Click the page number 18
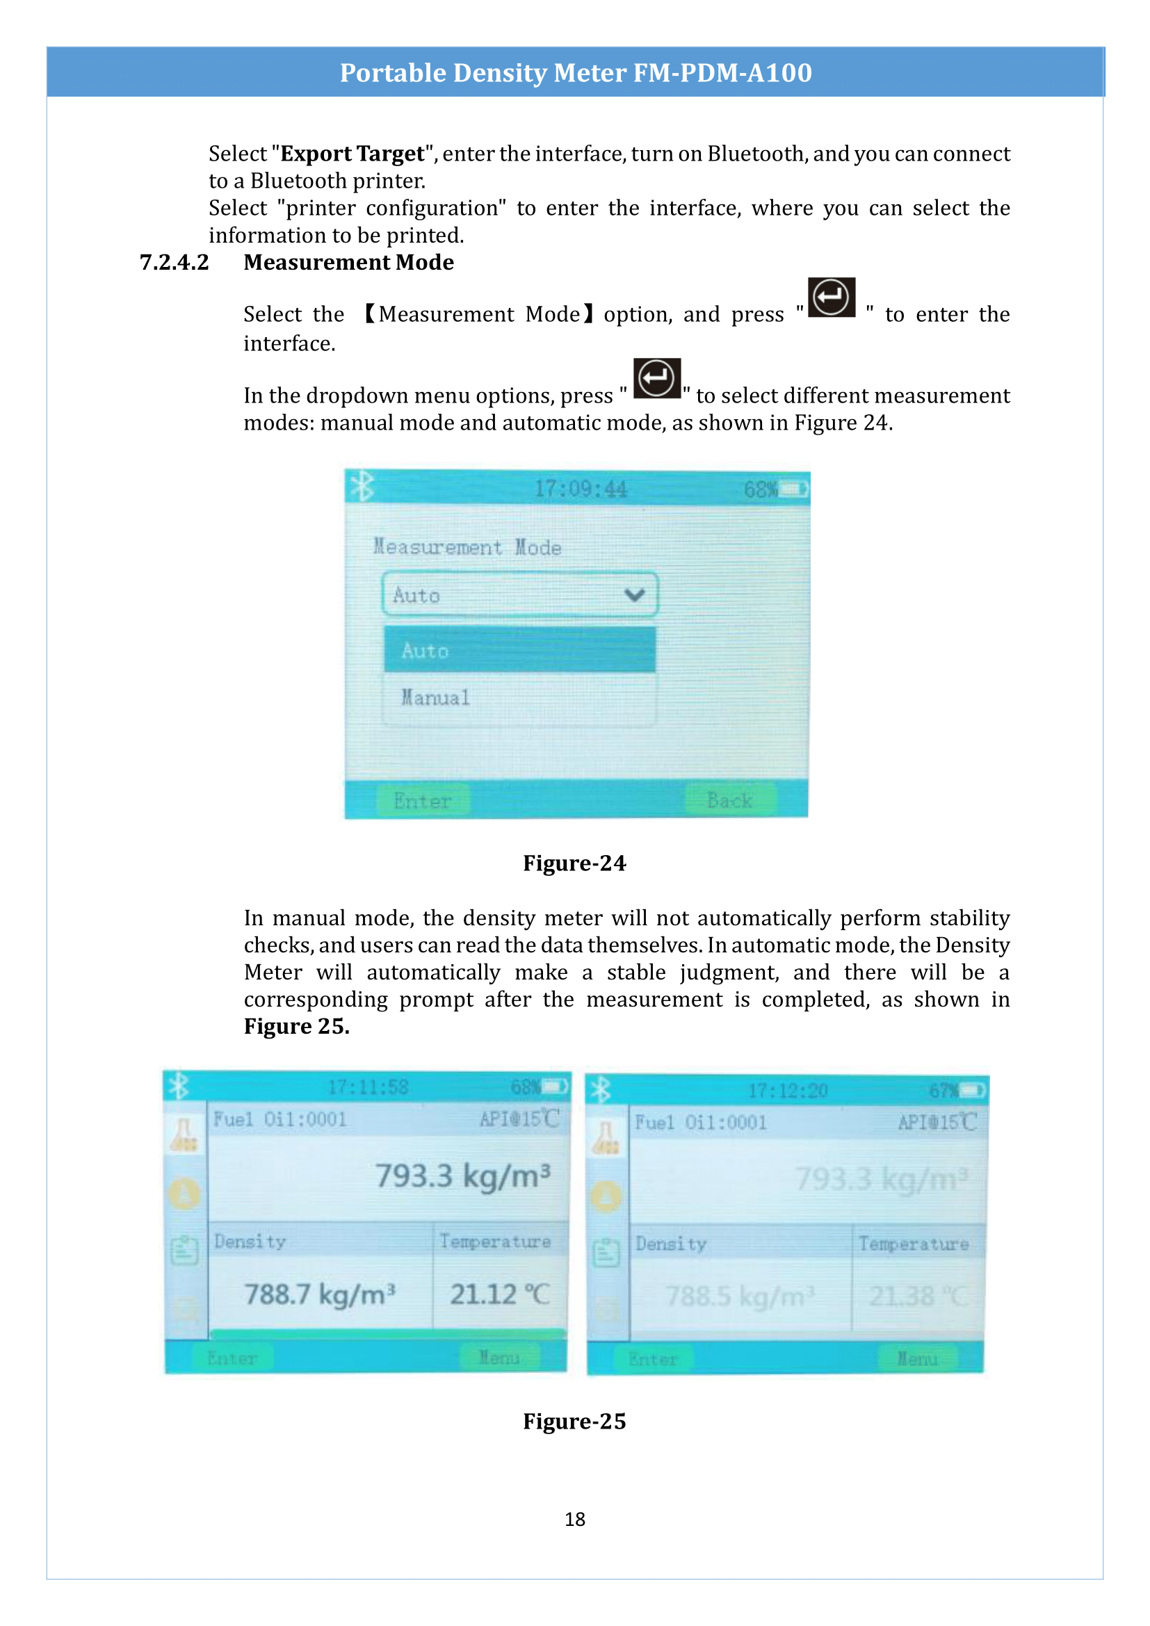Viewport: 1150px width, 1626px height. [574, 1518]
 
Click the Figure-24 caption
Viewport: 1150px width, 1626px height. [574, 863]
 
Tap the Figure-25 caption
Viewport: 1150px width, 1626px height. [574, 1421]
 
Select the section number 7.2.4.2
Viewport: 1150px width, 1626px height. [175, 262]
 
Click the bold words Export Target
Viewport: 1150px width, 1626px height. [352, 154]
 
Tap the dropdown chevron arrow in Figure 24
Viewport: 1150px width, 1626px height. [635, 594]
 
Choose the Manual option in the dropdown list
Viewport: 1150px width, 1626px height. [435, 697]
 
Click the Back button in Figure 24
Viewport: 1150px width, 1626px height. [729, 800]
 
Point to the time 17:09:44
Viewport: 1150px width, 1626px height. [580, 489]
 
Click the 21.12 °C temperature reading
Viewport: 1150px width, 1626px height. [499, 1294]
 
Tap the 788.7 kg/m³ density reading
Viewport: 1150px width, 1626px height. [319, 1294]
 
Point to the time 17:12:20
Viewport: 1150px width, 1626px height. [788, 1091]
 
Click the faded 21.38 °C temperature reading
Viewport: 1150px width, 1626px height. [917, 1296]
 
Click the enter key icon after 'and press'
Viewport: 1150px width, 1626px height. [832, 298]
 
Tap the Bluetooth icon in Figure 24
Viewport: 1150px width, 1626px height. [362, 487]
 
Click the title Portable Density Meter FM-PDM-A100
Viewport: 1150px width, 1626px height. [575, 72]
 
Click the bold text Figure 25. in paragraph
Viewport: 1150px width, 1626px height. [297, 1026]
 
